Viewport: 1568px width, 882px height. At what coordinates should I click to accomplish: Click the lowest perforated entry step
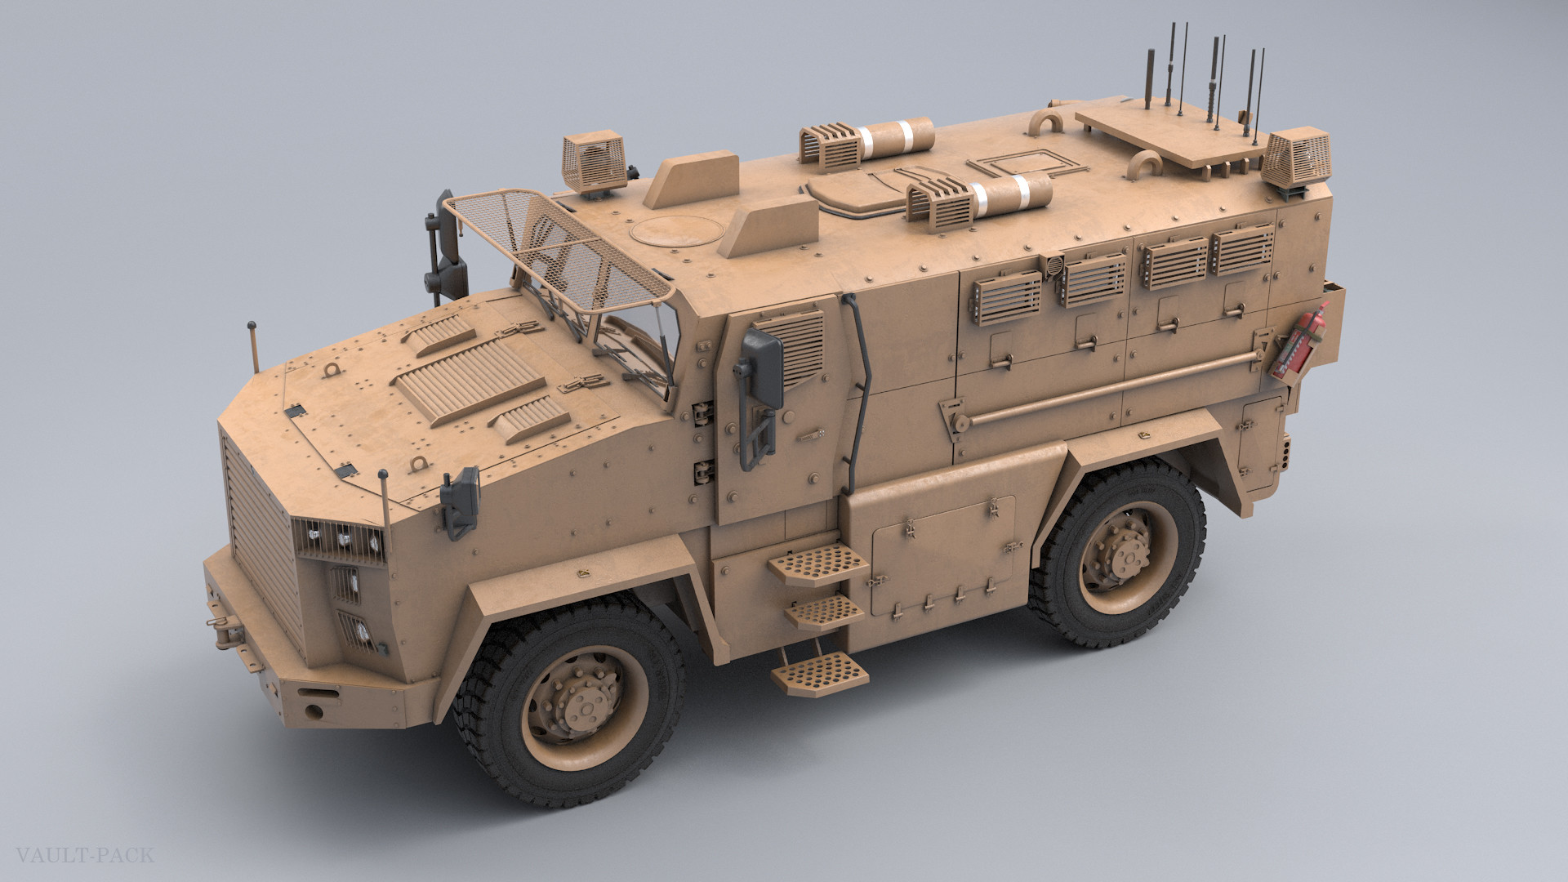(x=819, y=673)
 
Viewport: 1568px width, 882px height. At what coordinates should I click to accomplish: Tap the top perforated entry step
(x=813, y=563)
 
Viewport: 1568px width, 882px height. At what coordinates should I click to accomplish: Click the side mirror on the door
(x=763, y=372)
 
